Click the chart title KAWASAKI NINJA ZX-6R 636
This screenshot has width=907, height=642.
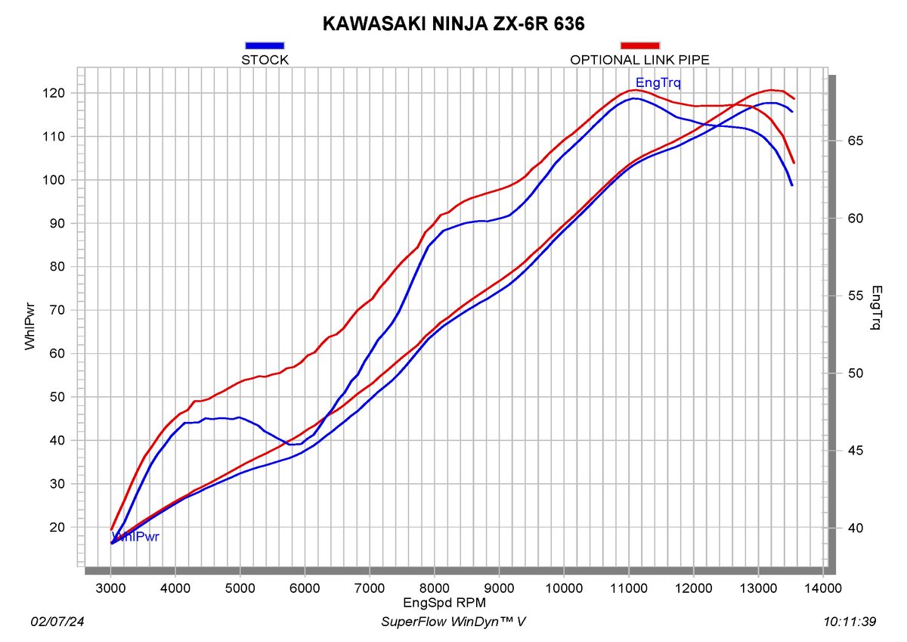[453, 24]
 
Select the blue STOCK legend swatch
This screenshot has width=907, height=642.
[265, 45]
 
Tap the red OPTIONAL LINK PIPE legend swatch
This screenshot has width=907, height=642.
[639, 45]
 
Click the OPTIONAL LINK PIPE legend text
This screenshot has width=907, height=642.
[639, 60]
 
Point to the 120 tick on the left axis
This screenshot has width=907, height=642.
[54, 93]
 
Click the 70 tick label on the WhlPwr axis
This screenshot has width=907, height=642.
[57, 310]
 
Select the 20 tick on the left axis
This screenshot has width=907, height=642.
[57, 527]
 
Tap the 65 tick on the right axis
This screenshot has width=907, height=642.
[855, 141]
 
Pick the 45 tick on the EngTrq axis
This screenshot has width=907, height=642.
[855, 451]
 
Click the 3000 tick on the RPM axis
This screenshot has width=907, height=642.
[110, 588]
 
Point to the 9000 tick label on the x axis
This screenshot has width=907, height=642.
[500, 588]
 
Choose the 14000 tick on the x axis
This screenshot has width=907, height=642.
[823, 588]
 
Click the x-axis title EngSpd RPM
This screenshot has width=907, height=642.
[444, 603]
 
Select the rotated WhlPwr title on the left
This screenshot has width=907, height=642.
[29, 327]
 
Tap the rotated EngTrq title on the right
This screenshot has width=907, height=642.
[876, 308]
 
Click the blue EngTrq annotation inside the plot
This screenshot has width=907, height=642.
[658, 82]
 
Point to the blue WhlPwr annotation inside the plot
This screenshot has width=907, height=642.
[135, 537]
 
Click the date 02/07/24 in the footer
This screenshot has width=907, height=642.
[57, 622]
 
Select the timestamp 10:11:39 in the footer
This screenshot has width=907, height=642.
[850, 622]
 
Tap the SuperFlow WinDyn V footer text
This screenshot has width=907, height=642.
[453, 622]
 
